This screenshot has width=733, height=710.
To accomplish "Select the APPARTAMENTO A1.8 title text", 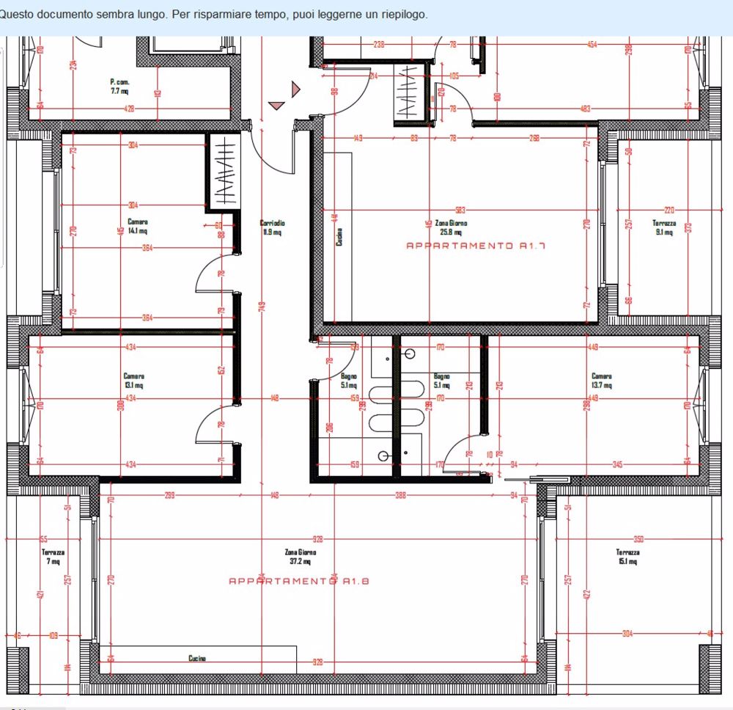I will [299, 581].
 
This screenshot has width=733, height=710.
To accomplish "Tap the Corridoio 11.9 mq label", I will [272, 227].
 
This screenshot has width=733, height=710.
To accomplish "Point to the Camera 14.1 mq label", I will [137, 226].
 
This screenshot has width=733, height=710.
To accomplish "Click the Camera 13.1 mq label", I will [133, 381].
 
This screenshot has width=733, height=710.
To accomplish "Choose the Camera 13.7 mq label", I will [601, 381].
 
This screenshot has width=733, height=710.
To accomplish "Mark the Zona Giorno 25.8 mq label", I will [451, 227].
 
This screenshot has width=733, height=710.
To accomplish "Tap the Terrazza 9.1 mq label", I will [664, 227].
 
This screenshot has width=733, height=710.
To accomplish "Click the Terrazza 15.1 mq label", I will [627, 557].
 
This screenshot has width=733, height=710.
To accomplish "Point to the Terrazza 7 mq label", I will [53, 557].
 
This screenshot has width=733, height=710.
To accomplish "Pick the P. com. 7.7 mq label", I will [119, 87].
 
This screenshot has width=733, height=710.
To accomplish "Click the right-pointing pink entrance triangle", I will [295, 89].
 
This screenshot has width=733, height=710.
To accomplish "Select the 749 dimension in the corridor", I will [262, 305].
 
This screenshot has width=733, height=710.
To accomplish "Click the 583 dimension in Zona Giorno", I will [460, 211].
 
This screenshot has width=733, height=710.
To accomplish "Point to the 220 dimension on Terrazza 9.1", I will [668, 211].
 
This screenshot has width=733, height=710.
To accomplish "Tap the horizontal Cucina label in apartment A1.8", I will [197, 659].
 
